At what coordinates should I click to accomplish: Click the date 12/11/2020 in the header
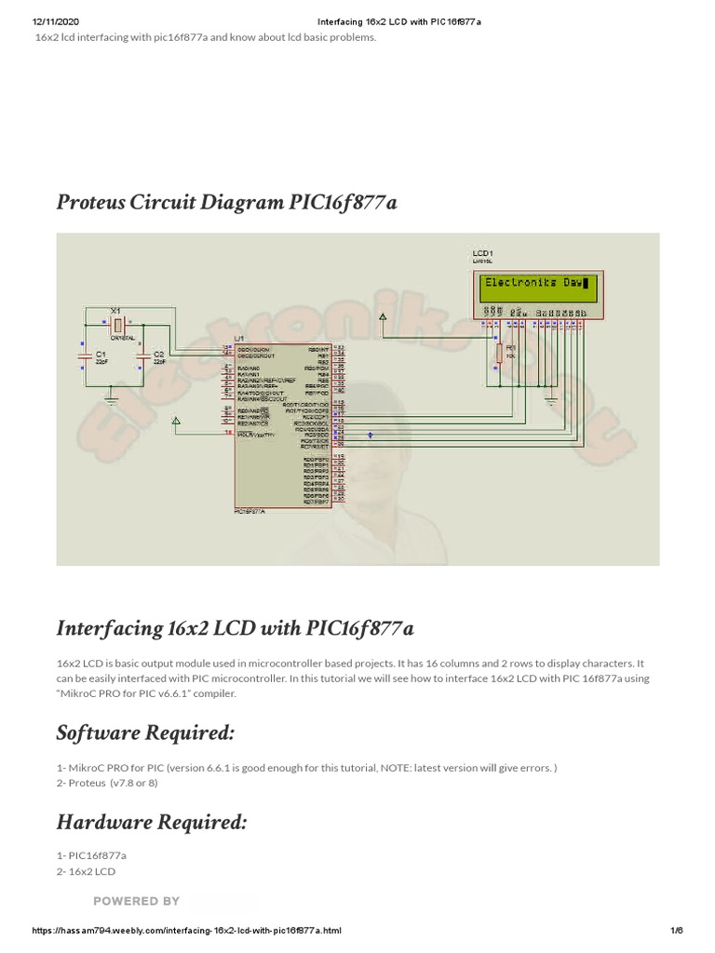[x=54, y=21]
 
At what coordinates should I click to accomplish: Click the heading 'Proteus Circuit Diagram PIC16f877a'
[x=226, y=201]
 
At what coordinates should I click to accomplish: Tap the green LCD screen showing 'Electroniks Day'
[x=537, y=285]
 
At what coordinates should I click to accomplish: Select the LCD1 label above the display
[x=482, y=253]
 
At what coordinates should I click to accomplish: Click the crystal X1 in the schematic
[x=115, y=324]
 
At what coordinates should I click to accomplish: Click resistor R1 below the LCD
[x=500, y=353]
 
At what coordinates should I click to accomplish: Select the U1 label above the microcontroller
[x=239, y=338]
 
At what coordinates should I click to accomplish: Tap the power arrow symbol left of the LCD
[x=383, y=319]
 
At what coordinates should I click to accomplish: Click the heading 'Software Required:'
[x=145, y=732]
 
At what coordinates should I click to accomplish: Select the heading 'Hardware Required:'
[x=152, y=822]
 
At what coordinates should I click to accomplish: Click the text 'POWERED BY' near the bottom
[x=136, y=901]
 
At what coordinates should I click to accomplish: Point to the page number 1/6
[x=676, y=931]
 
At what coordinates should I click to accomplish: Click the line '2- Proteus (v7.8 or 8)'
[x=107, y=783]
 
